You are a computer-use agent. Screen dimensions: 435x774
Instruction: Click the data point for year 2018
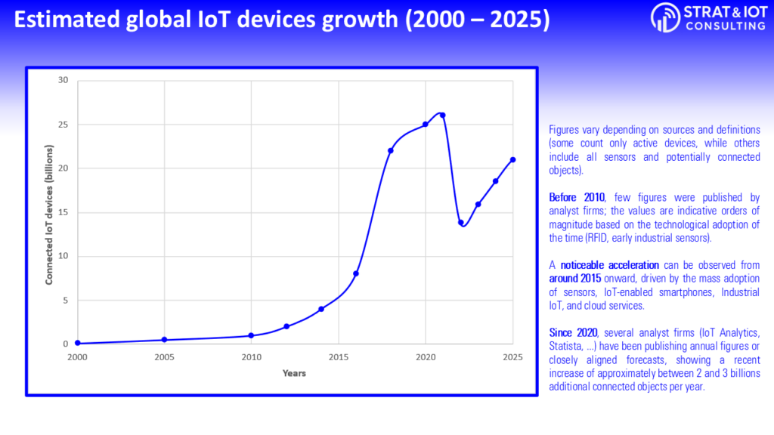(x=391, y=150)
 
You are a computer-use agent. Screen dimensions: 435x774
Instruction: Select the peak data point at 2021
(x=443, y=116)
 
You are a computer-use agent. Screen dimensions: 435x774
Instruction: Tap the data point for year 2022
(x=460, y=222)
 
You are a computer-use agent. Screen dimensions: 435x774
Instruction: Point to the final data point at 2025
(x=513, y=159)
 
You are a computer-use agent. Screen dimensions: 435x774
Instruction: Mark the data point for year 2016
(x=356, y=273)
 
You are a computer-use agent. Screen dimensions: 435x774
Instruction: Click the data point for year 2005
(x=164, y=340)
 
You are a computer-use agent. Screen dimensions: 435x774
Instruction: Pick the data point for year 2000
(x=77, y=344)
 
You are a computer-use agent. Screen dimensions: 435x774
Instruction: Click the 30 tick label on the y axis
(x=63, y=80)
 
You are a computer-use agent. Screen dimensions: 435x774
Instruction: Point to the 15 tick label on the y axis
(x=63, y=212)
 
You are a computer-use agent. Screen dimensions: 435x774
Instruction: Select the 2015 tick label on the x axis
(x=339, y=356)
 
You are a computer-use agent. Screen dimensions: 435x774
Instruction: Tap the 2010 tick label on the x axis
(x=251, y=356)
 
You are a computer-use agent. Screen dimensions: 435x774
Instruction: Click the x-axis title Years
(x=294, y=373)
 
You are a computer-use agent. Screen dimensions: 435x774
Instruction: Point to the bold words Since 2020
(x=574, y=333)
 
